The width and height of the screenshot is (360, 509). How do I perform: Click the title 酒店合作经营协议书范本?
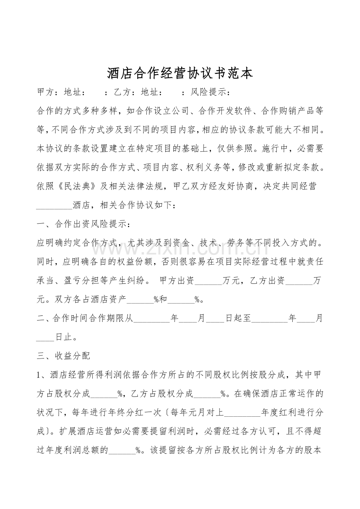[x=180, y=73]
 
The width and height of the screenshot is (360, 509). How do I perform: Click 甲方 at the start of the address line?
[x=45, y=93]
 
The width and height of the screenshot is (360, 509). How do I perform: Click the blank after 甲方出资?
[x=208, y=281]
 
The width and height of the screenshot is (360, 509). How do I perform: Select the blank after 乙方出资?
[x=300, y=281]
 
